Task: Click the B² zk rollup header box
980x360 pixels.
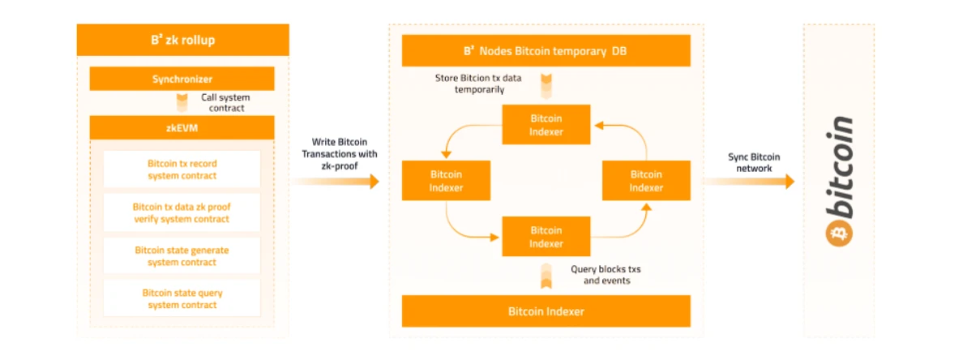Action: [x=182, y=40]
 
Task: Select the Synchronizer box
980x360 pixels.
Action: [x=182, y=79]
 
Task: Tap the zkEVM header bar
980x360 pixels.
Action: [x=182, y=128]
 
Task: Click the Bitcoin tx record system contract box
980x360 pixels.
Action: [x=182, y=169]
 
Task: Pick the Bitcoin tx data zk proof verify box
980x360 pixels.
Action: [x=182, y=212]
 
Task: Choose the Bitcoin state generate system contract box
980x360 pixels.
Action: [x=182, y=256]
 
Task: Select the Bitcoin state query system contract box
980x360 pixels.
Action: [x=182, y=298]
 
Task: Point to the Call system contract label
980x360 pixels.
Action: [x=225, y=102]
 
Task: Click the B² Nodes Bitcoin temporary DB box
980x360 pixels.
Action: [x=546, y=51]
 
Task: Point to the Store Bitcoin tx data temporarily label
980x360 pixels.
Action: [x=478, y=84]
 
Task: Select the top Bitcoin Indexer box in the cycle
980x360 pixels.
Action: [x=546, y=125]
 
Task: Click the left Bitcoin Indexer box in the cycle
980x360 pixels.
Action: [x=446, y=181]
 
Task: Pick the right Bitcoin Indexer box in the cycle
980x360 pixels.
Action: [x=646, y=181]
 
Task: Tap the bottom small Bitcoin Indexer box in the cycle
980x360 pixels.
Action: [x=546, y=237]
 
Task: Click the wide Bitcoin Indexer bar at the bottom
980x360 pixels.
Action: [x=546, y=311]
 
